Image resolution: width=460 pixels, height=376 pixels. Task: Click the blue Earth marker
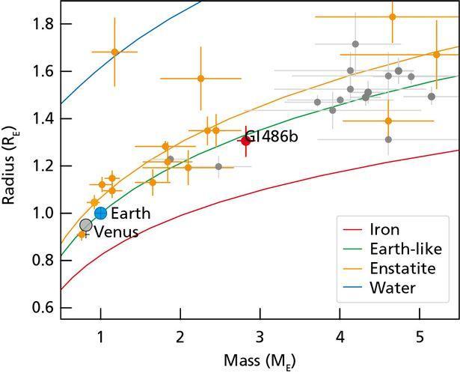point(101,213)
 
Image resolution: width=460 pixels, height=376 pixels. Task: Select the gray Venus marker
point(86,225)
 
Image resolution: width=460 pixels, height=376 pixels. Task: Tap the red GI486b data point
point(245,141)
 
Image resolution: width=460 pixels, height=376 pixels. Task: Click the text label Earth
point(131,213)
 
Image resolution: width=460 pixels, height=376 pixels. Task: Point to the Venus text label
point(116,232)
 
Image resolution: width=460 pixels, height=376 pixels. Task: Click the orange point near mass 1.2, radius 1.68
point(114,52)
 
